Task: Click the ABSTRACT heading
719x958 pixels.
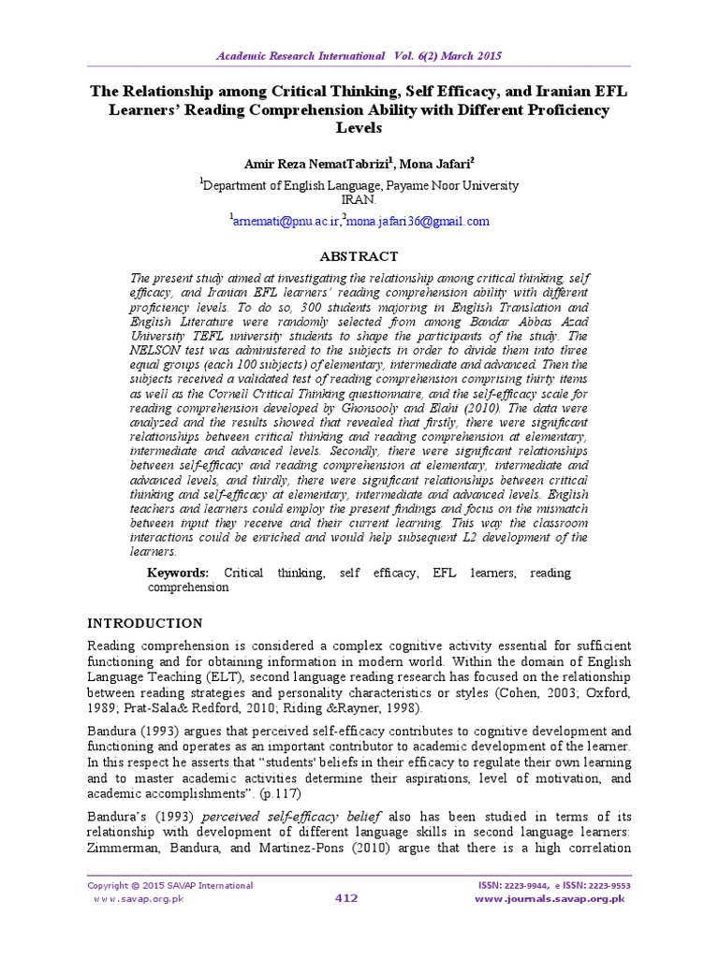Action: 359,256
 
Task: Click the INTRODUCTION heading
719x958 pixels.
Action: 145,623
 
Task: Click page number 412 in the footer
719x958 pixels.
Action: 346,899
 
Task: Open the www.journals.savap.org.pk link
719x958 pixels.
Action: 550,899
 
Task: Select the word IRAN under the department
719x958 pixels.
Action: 359,199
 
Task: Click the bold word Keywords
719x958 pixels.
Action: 178,573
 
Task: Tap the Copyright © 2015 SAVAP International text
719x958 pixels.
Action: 169,885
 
